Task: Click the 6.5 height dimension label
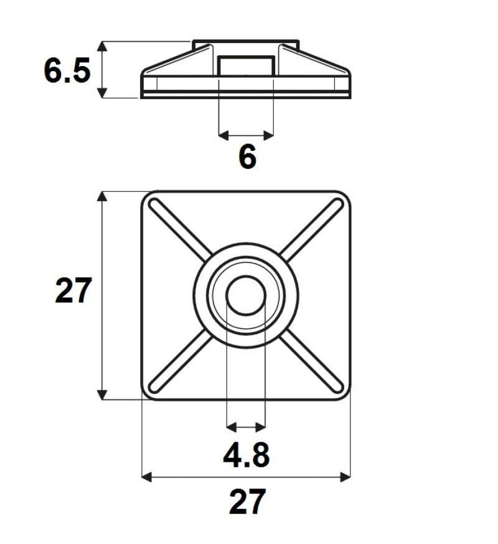(67, 71)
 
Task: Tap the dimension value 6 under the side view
(247, 157)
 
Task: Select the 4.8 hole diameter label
(247, 456)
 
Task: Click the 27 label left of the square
(73, 291)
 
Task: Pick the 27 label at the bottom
(247, 502)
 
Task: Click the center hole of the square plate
(246, 295)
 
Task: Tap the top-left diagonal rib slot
(181, 229)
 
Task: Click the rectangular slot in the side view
(247, 67)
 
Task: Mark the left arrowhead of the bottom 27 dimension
(147, 477)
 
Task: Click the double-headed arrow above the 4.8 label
(247, 427)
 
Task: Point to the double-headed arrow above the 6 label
(247, 134)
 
